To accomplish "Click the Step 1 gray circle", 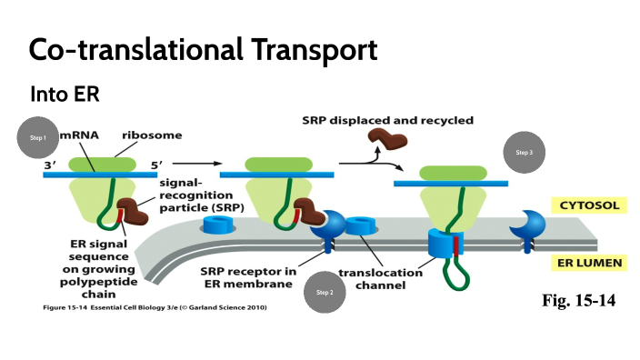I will pyautogui.click(x=37, y=137).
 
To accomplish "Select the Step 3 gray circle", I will pyautogui.click(x=524, y=153).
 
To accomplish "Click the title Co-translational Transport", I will pyautogui.click(x=203, y=49).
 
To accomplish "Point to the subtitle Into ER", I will pyautogui.click(x=64, y=94).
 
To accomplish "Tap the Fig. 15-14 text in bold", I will pyautogui.click(x=578, y=300).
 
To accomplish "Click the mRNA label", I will pyautogui.click(x=79, y=135).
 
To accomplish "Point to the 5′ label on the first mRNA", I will pyautogui.click(x=156, y=165).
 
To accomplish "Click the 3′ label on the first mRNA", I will pyautogui.click(x=49, y=165).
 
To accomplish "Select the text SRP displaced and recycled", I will pyautogui.click(x=387, y=120).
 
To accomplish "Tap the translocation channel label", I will pyautogui.click(x=380, y=278).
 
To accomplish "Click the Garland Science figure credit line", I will pyautogui.click(x=155, y=307).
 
